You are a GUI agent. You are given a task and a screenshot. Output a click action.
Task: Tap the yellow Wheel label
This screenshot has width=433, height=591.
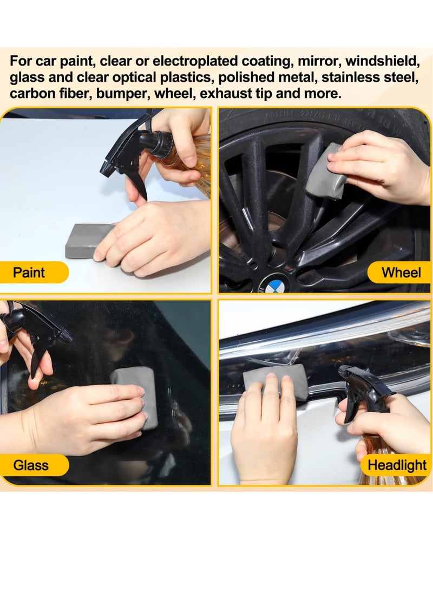399,272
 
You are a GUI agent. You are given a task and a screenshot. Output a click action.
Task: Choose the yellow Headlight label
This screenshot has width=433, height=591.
396,465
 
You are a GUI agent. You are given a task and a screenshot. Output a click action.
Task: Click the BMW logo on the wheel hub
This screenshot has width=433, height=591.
274,285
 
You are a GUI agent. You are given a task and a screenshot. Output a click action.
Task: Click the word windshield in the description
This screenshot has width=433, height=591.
382,61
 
